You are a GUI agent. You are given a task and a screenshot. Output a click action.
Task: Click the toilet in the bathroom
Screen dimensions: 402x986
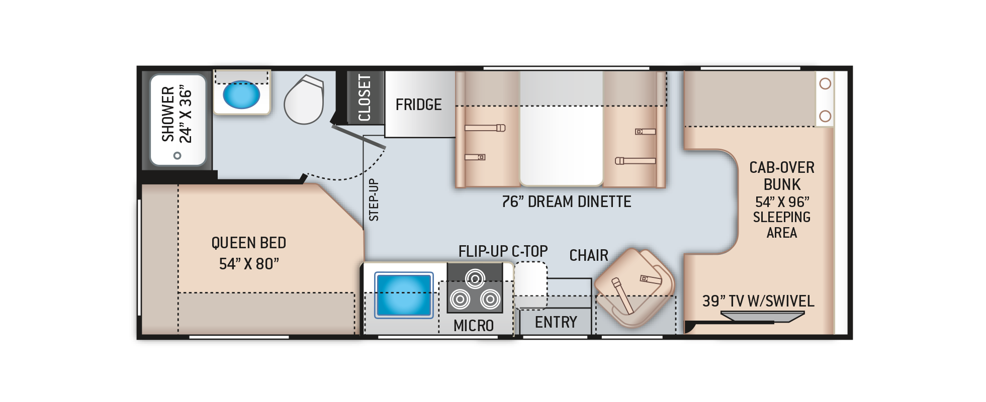pyautogui.click(x=304, y=100)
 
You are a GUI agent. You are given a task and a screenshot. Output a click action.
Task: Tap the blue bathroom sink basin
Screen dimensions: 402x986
pyautogui.click(x=241, y=94)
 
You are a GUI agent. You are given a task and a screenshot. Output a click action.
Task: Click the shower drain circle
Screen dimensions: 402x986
pyautogui.click(x=177, y=155)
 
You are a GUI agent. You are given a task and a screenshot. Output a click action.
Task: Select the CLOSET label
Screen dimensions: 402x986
pyautogui.click(x=365, y=98)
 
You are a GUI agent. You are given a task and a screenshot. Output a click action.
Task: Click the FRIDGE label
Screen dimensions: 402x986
pyautogui.click(x=418, y=105)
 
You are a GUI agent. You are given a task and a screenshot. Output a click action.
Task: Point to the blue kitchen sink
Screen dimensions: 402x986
pyautogui.click(x=404, y=295)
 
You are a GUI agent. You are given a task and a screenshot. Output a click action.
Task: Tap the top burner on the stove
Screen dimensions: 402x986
pyautogui.click(x=475, y=278)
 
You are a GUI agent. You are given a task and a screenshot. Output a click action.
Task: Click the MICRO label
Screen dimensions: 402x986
pyautogui.click(x=473, y=326)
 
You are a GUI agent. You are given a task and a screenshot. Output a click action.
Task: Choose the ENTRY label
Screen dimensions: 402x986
pyautogui.click(x=556, y=322)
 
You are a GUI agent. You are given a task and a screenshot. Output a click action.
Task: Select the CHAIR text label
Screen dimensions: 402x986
pyautogui.click(x=588, y=255)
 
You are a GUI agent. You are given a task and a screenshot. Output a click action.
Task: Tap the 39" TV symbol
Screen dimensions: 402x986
pyautogui.click(x=762, y=316)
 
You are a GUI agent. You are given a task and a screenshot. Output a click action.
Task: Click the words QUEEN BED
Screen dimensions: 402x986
pyautogui.click(x=248, y=243)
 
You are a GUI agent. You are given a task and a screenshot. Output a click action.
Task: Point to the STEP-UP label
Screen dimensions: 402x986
pyautogui.click(x=374, y=200)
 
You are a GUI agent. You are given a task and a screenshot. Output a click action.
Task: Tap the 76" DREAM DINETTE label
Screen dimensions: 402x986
pyautogui.click(x=566, y=202)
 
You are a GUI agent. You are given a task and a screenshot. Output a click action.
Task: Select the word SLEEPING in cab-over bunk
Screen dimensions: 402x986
pyautogui.click(x=781, y=217)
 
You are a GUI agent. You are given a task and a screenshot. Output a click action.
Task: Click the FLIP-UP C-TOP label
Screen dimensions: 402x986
pyautogui.click(x=503, y=251)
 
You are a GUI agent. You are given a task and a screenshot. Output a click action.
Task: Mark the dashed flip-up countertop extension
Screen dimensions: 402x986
pyautogui.click(x=530, y=284)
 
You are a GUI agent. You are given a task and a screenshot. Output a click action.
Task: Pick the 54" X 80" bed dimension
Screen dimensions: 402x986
pyautogui.click(x=248, y=264)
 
